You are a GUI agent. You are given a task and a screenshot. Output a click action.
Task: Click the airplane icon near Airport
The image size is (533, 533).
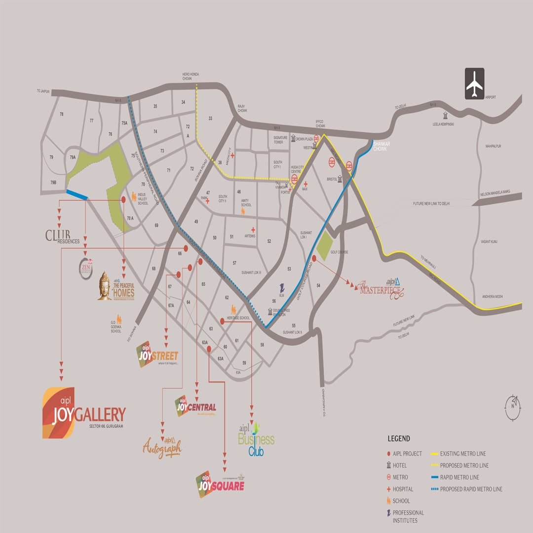click(x=474, y=84)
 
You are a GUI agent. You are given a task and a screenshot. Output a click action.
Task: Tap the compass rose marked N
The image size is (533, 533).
click(x=513, y=408)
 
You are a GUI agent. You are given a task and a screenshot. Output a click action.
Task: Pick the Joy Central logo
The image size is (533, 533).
click(x=196, y=407)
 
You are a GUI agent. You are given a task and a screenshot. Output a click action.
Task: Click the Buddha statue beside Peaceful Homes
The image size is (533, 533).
click(x=104, y=286)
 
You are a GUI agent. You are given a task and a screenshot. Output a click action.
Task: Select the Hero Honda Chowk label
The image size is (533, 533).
click(x=190, y=76)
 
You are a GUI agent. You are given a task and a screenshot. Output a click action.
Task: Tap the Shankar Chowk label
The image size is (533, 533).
click(x=381, y=146)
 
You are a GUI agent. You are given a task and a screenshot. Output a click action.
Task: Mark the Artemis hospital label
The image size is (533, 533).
click(x=249, y=236)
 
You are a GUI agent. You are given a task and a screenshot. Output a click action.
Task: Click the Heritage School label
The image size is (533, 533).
click(x=238, y=318)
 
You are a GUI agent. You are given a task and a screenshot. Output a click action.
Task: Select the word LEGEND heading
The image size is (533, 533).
click(x=399, y=439)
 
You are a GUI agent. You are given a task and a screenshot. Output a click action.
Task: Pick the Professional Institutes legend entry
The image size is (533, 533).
click(x=408, y=516)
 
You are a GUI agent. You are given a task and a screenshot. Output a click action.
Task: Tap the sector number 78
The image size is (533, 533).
click(x=62, y=114)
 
